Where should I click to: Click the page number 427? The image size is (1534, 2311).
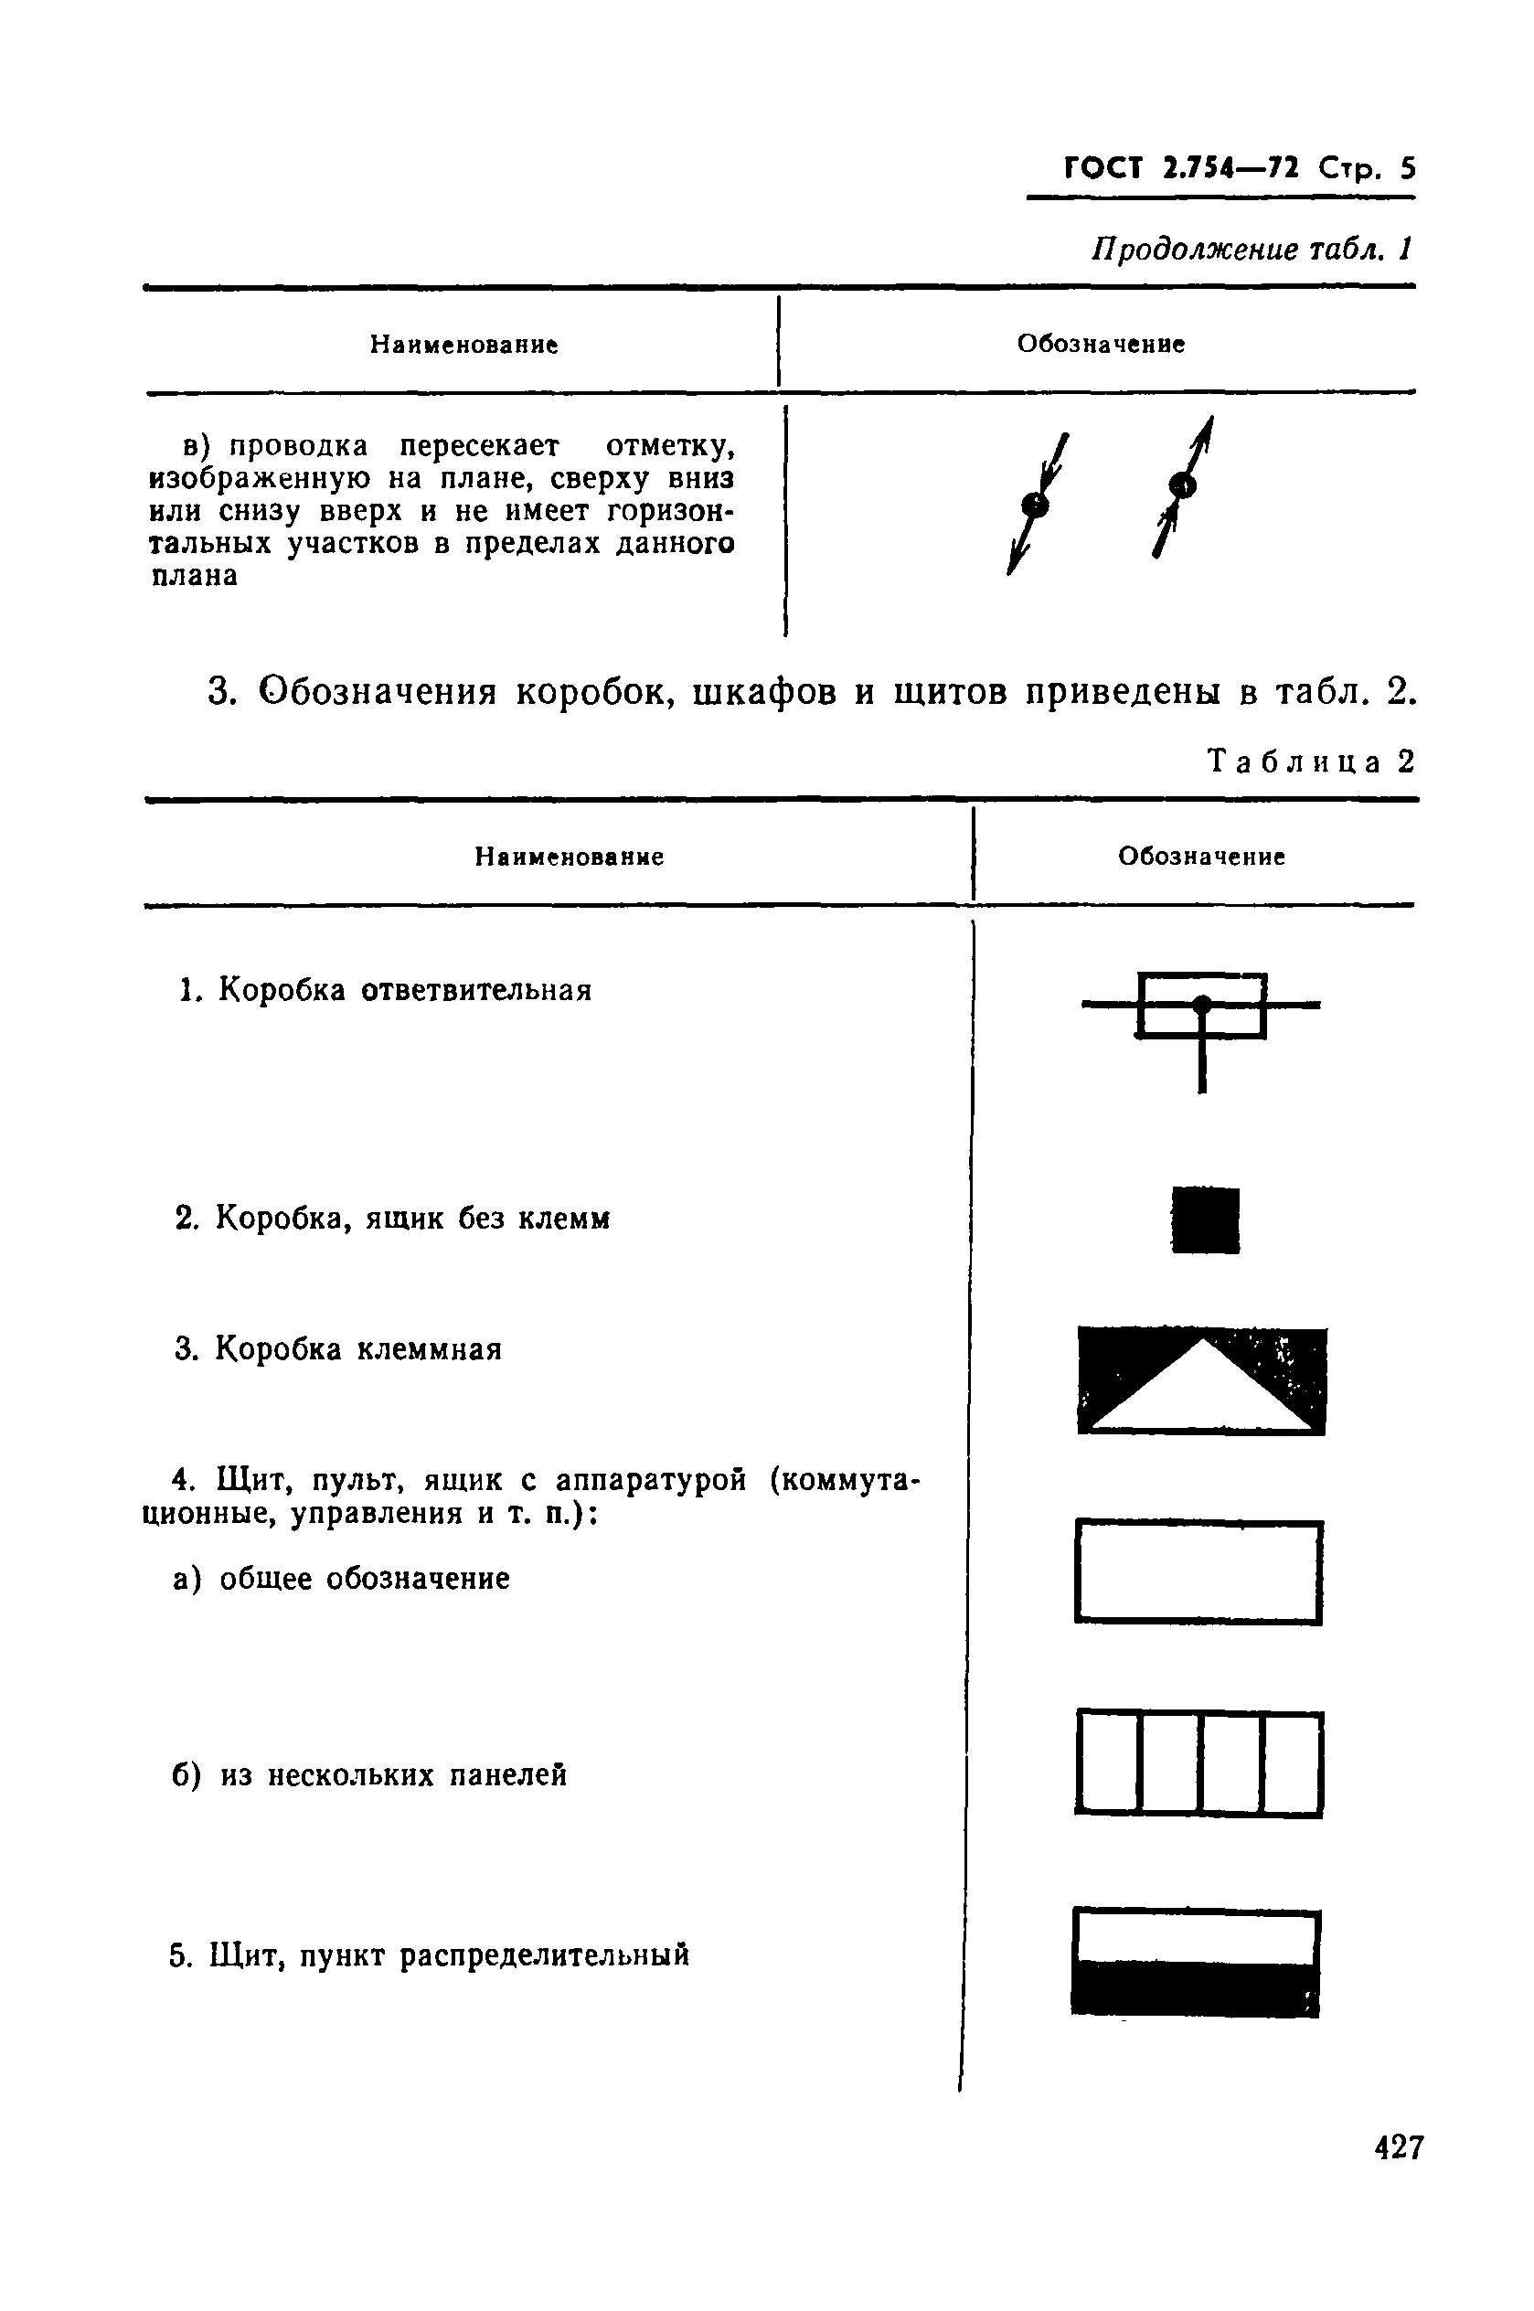[x=1398, y=2148]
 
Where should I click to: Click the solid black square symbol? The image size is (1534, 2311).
[x=1205, y=1219]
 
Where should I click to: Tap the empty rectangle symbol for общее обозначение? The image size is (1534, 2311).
[x=1198, y=1571]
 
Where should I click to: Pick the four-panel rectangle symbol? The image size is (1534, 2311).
[x=1199, y=1763]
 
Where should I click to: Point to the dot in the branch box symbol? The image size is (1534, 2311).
[x=1202, y=1005]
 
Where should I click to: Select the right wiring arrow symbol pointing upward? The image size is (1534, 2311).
[x=1183, y=485]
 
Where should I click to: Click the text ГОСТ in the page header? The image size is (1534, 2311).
[x=1103, y=169]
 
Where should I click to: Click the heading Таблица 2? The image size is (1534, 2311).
[x=1312, y=761]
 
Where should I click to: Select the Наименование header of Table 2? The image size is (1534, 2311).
[x=570, y=857]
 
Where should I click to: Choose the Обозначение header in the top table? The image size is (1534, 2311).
[x=1101, y=344]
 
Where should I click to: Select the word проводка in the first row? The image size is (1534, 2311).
[x=298, y=446]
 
